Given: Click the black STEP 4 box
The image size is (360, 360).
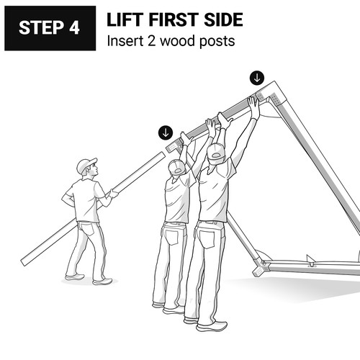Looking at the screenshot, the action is coord(50,28).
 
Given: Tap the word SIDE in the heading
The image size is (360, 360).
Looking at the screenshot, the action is coord(223,19).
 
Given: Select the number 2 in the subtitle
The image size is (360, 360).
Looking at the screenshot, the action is coord(151,41).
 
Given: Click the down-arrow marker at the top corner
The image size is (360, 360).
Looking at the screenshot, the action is coord(257,78).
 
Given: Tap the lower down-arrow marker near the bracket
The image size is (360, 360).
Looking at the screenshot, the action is coord(166,132).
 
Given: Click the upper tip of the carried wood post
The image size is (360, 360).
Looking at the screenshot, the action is coord(163,154).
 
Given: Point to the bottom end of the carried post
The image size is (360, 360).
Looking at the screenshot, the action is coord(24,262).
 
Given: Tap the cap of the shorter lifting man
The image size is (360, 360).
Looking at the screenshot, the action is coord(176,167).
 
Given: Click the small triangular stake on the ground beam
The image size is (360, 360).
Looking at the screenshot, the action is coord(310,261).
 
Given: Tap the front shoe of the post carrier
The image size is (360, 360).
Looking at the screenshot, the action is coord(102,282).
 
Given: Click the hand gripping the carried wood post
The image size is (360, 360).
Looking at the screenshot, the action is coord(113,194).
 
